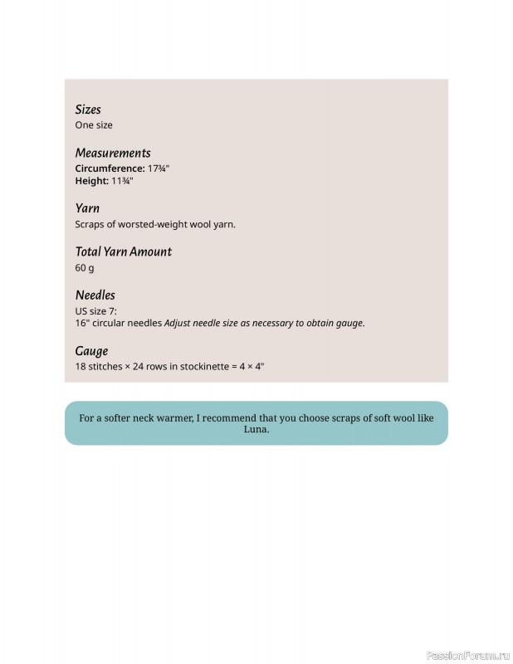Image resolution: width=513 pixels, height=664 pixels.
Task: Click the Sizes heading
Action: click(88, 110)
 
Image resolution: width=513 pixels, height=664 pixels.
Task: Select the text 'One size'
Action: click(94, 125)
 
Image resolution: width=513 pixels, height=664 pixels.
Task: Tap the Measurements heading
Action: click(113, 153)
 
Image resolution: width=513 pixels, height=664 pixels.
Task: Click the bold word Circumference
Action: click(110, 168)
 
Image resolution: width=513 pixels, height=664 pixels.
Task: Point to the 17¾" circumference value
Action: click(159, 168)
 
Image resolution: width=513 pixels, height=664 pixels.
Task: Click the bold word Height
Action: click(91, 181)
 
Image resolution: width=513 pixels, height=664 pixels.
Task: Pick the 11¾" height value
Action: click(123, 181)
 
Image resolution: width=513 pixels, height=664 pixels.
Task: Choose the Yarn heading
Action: click(87, 208)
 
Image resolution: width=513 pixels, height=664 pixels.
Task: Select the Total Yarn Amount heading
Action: click(123, 251)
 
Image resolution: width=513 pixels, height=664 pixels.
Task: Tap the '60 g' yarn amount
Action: click(85, 267)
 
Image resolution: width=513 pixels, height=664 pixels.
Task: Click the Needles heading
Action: click(95, 295)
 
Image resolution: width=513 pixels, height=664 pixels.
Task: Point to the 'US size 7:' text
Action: click(96, 310)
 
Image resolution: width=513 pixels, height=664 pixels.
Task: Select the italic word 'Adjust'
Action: click(178, 323)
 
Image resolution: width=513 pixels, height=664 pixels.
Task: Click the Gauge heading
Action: click(91, 351)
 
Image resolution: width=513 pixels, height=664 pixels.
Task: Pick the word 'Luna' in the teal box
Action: click(256, 430)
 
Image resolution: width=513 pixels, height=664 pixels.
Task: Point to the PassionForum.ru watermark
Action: click(467, 655)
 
